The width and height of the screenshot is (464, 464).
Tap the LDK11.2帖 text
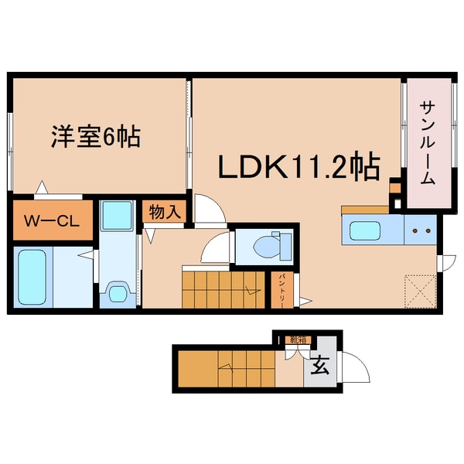297,165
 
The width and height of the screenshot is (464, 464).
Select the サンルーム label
428,142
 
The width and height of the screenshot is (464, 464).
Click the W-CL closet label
50,220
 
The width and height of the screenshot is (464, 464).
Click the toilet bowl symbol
265,246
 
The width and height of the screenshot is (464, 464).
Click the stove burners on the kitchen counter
421,230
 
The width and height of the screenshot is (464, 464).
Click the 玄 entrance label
319,367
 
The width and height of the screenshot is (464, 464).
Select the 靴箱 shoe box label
295,339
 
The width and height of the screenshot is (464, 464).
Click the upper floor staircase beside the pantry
223,289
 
